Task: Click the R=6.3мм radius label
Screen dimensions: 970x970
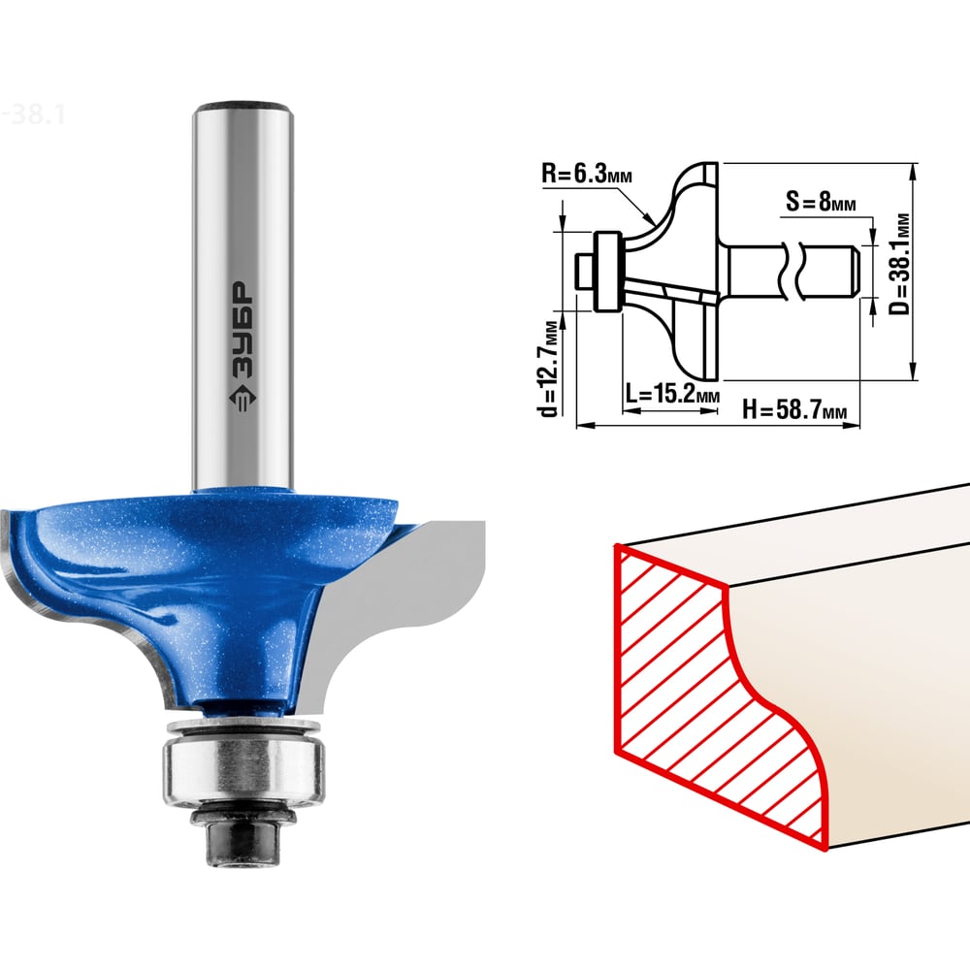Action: pos(587,174)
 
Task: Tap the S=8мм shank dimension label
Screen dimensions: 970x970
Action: pos(821,201)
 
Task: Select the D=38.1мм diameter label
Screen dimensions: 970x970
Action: pos(901,264)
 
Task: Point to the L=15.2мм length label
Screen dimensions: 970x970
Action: pos(672,393)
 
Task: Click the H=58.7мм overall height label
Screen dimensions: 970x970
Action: pos(794,409)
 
